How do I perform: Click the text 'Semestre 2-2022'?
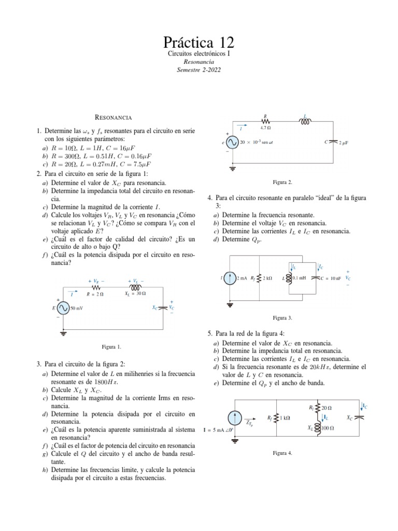click(x=198, y=69)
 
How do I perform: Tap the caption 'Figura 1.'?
click(x=111, y=346)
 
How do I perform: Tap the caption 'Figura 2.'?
click(x=283, y=182)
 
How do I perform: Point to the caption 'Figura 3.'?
click(x=283, y=317)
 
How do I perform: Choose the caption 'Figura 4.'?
click(x=283, y=453)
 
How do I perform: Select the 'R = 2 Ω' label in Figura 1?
click(x=96, y=294)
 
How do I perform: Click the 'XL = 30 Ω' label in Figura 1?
click(x=135, y=294)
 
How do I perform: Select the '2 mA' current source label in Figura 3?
click(x=241, y=278)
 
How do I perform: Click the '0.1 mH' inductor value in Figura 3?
click(x=299, y=278)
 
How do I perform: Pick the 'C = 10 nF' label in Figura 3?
click(x=331, y=278)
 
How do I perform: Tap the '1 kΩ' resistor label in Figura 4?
click(x=285, y=418)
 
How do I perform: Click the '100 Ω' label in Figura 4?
click(x=327, y=428)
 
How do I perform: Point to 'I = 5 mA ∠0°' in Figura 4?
click(x=217, y=430)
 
